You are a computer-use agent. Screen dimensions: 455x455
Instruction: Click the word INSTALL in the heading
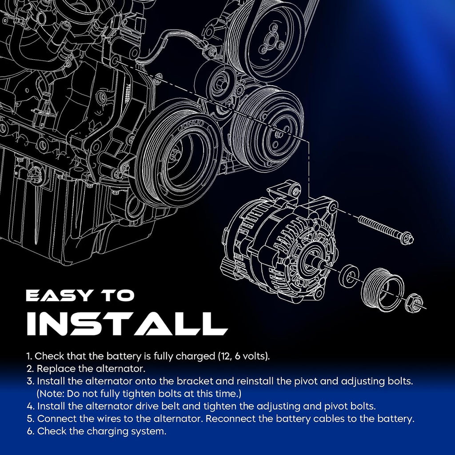(127, 323)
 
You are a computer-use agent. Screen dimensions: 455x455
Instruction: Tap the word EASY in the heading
(58, 295)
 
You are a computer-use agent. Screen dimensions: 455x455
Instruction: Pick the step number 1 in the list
(29, 356)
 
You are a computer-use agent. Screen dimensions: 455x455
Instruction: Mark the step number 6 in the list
(30, 431)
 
